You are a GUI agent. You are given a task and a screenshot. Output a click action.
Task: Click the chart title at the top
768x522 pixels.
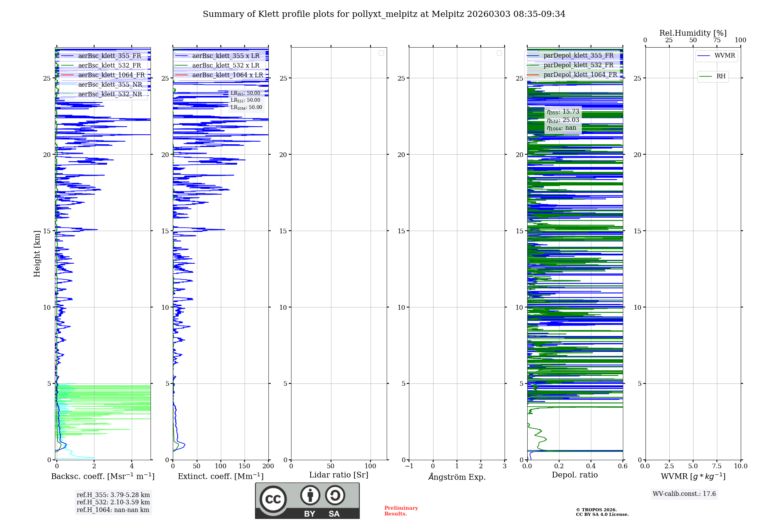[384, 14]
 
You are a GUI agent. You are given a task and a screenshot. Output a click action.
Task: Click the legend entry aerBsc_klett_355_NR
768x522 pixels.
[110, 84]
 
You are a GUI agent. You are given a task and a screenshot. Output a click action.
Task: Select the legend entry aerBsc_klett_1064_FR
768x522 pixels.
[111, 75]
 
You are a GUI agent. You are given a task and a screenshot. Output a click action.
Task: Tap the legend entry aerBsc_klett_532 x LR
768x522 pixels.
[226, 65]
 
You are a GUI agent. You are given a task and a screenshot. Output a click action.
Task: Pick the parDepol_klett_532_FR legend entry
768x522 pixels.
[578, 65]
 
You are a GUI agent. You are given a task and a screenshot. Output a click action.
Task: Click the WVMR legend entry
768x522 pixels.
[725, 56]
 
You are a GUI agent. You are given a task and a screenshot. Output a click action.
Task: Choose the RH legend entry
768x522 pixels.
[721, 76]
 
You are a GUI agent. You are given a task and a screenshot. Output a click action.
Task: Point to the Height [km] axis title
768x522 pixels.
[37, 254]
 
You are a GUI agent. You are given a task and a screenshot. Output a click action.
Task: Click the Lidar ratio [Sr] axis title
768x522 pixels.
[339, 475]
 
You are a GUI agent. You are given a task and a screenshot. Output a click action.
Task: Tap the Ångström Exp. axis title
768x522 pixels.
[457, 477]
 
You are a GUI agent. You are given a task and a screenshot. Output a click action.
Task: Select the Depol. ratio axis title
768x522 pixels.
[574, 475]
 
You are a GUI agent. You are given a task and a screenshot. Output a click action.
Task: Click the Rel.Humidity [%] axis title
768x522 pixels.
[693, 33]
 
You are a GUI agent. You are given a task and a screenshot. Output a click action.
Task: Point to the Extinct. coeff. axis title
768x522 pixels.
[220, 476]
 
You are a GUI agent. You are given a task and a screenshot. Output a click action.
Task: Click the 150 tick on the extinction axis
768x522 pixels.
[245, 466]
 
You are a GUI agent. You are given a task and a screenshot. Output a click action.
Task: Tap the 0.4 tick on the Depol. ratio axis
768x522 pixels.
[591, 466]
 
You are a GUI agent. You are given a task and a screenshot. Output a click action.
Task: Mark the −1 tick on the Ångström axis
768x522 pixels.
[409, 466]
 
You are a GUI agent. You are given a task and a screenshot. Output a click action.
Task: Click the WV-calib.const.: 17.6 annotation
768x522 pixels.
[684, 494]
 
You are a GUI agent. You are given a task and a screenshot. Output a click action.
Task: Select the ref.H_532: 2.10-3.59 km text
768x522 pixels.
[113, 502]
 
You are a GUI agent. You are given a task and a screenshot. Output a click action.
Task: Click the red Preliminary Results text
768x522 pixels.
[401, 511]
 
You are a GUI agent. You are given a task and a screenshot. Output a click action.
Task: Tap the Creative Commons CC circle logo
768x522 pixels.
[273, 499]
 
